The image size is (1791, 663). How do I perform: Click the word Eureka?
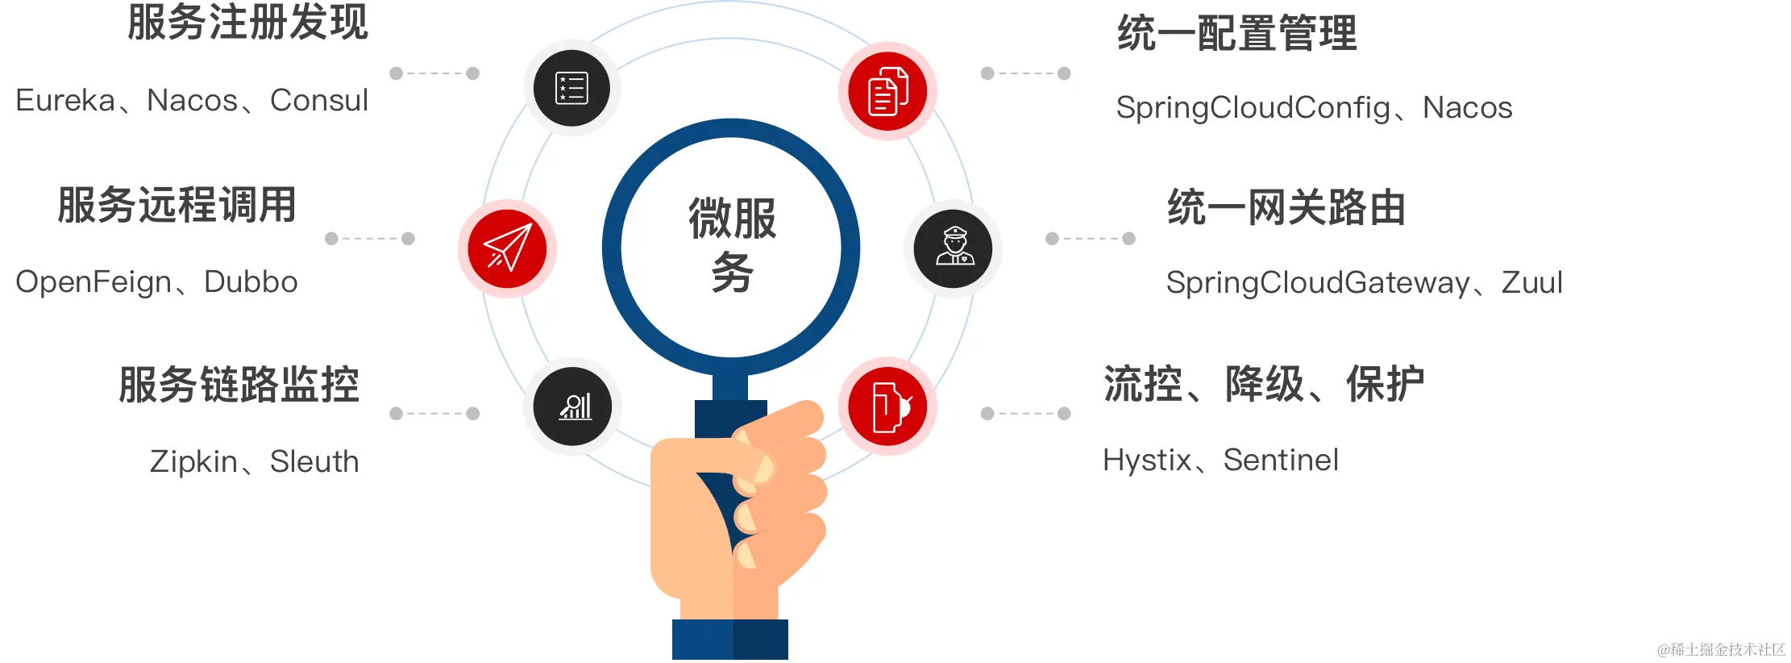click(65, 101)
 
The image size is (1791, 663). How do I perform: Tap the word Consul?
click(318, 101)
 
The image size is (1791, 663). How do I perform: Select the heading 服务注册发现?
click(247, 23)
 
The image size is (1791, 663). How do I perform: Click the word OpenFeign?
click(93, 282)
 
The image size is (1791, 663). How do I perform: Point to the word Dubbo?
click(251, 282)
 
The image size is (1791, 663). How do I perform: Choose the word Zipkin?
click(193, 461)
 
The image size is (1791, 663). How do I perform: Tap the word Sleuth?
click(314, 461)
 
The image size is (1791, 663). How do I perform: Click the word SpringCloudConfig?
click(1253, 108)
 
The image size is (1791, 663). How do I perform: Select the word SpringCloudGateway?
click(1318, 283)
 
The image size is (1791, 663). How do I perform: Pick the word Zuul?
click(1531, 283)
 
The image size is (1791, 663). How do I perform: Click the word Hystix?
click(1147, 460)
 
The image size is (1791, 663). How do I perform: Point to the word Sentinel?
click(1281, 460)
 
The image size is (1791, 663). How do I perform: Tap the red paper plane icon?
click(508, 248)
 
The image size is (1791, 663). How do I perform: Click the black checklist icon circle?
click(571, 88)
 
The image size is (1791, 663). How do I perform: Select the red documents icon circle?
click(887, 91)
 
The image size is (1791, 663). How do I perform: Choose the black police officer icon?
click(954, 248)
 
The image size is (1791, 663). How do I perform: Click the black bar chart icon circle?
click(573, 407)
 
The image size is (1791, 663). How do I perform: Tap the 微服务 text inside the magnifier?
click(732, 244)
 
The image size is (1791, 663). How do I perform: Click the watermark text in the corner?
click(1721, 649)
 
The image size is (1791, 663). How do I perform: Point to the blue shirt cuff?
click(730, 639)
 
